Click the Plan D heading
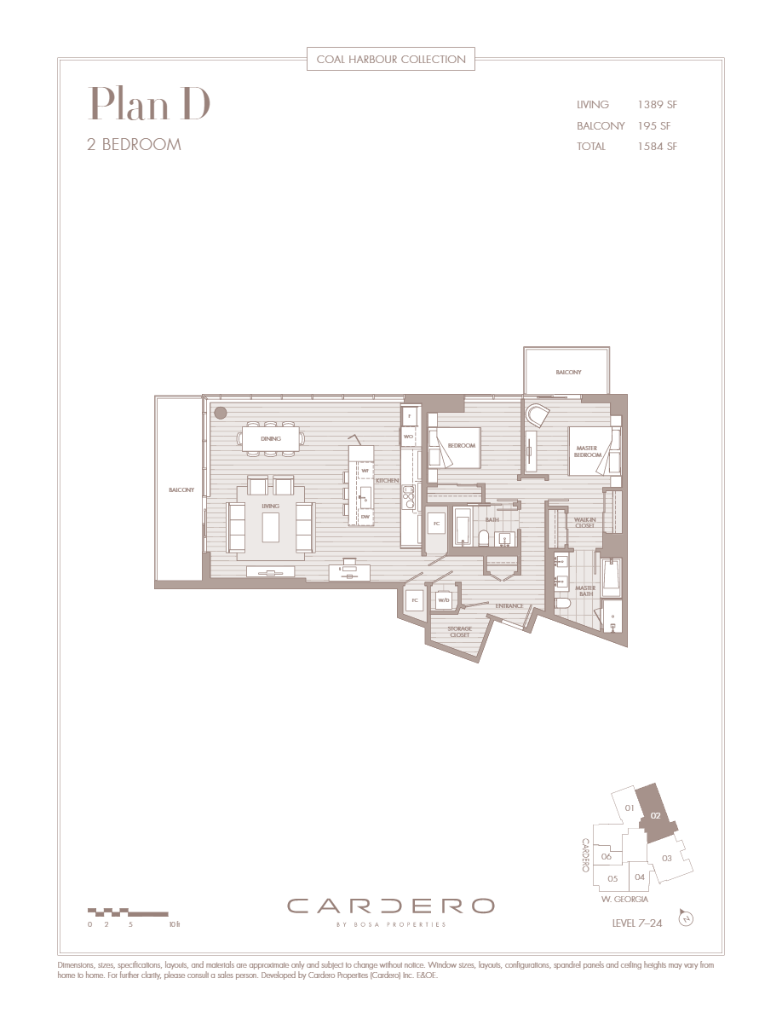pos(149,104)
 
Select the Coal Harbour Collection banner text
pos(391,59)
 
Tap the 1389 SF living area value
pos(657,105)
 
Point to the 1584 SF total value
pos(657,147)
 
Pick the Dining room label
pos(272,439)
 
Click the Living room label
pos(270,506)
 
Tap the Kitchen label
pos(387,481)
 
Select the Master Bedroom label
pos(588,451)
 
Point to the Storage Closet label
pos(460,632)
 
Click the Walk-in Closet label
pos(584,523)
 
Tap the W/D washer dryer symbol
pos(444,601)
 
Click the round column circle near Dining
pos(220,413)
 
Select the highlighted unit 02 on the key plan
pos(656,814)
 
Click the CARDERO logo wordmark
pos(390,906)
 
